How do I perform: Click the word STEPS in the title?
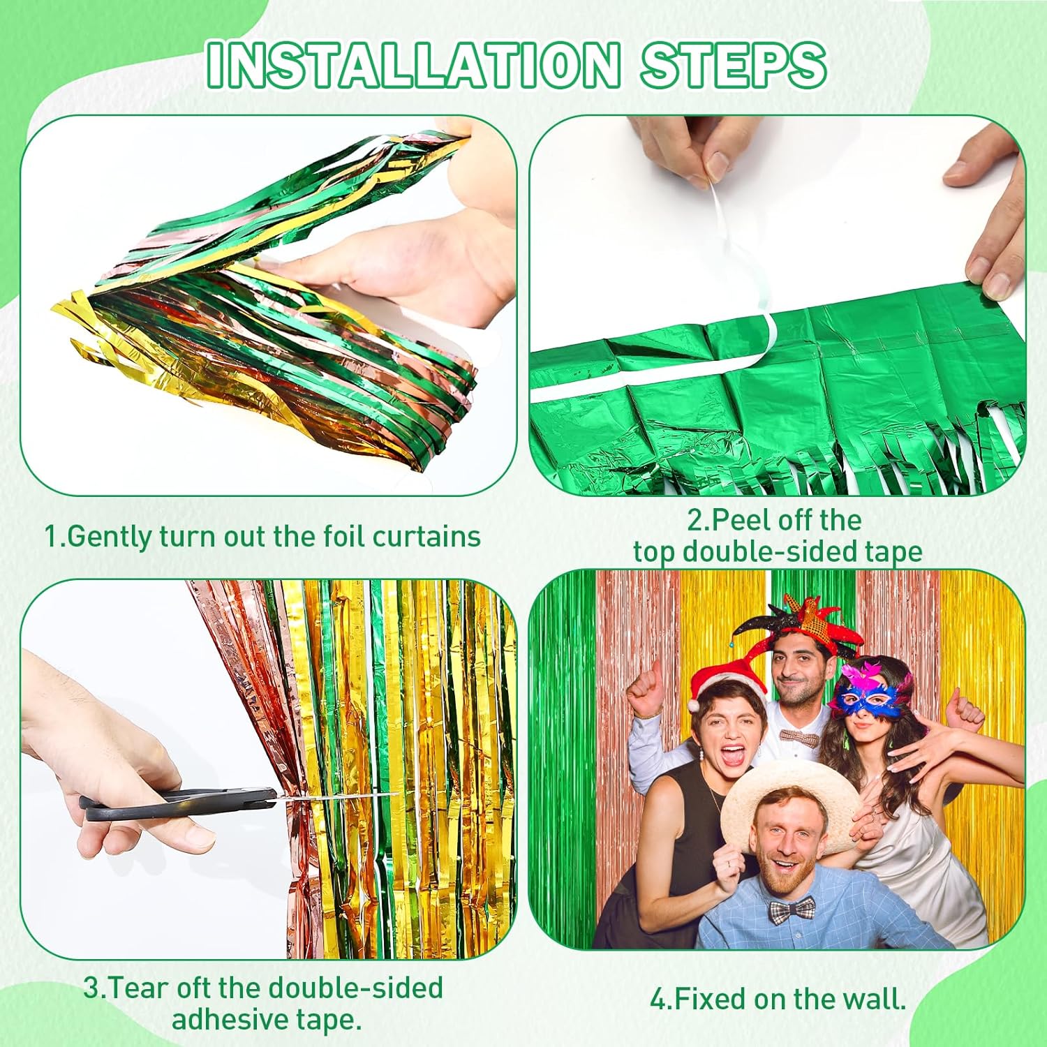(x=734, y=64)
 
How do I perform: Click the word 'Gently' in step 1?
(x=109, y=537)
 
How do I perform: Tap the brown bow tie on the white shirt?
(x=800, y=736)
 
